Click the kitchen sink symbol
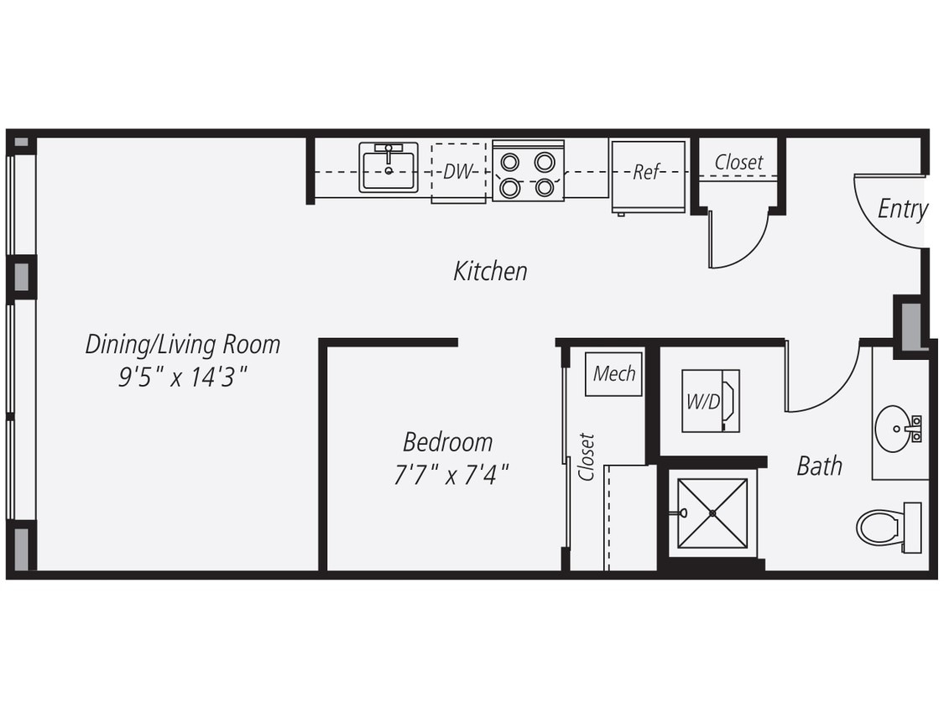(x=389, y=168)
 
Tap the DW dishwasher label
(x=458, y=172)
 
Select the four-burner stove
(x=528, y=174)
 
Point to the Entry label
(x=902, y=209)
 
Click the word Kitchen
(x=490, y=271)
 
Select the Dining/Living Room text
(x=182, y=344)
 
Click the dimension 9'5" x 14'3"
(x=182, y=377)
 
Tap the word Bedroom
(x=447, y=441)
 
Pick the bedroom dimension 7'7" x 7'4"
(x=451, y=476)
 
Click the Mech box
(x=614, y=373)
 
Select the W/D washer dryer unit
(x=710, y=401)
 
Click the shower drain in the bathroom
(x=712, y=513)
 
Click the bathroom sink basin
(x=894, y=429)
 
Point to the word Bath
(x=819, y=466)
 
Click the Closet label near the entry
(x=738, y=162)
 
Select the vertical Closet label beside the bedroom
(x=587, y=457)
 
